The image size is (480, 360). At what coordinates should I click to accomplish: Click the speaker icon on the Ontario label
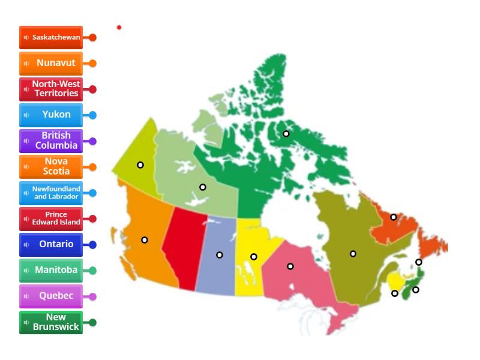tap(26, 245)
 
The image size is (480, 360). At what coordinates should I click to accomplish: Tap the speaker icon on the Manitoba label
tap(26, 271)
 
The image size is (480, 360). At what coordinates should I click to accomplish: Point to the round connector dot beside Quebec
tap(92, 296)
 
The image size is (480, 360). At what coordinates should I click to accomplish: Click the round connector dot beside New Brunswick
tap(92, 322)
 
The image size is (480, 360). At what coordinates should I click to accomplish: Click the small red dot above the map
tap(119, 27)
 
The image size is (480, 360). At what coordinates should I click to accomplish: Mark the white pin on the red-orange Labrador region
tap(394, 217)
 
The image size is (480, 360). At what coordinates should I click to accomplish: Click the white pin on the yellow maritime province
tap(395, 293)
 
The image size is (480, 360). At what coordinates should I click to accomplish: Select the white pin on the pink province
tap(290, 266)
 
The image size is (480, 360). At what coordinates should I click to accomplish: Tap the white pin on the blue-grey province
tap(220, 255)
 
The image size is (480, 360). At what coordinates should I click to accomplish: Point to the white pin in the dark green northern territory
tap(286, 134)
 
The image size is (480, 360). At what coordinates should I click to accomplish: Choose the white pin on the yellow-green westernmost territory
tap(140, 165)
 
